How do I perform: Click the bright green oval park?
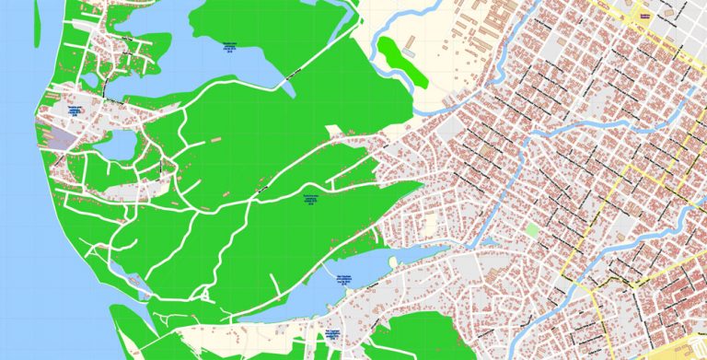(x=404, y=61)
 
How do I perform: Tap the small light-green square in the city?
(x=532, y=229)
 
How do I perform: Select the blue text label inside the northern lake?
(x=231, y=48)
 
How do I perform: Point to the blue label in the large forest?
(x=310, y=201)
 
